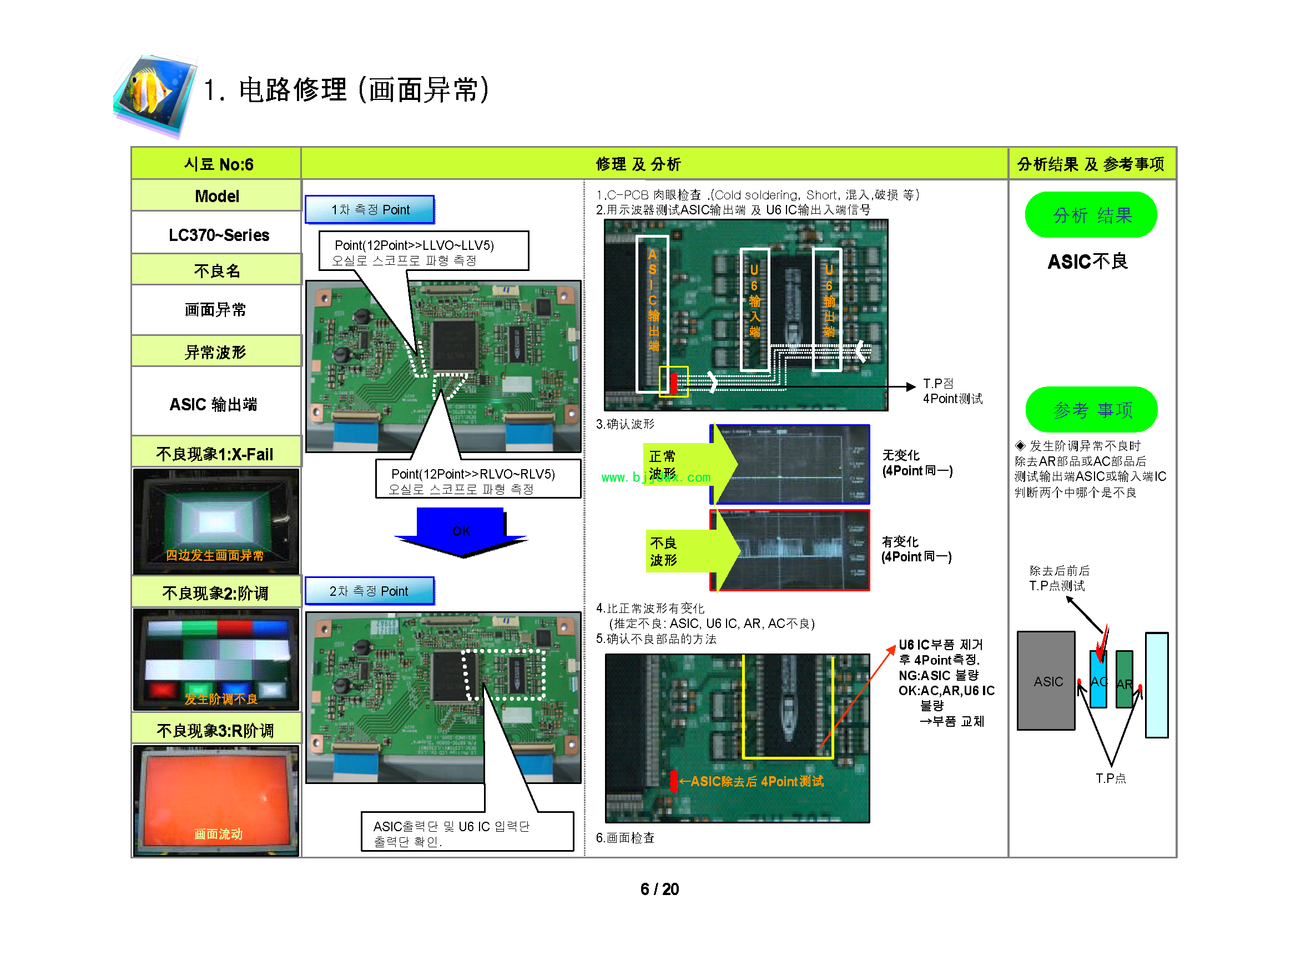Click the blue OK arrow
pyautogui.click(x=461, y=531)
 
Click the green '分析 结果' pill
pyautogui.click(x=1091, y=215)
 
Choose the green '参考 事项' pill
pyautogui.click(x=1091, y=410)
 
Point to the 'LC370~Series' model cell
pyautogui.click(x=219, y=235)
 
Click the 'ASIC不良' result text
pyautogui.click(x=1087, y=262)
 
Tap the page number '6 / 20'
pyautogui.click(x=659, y=889)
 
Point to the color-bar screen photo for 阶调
pyautogui.click(x=216, y=659)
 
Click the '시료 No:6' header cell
pyautogui.click(x=218, y=164)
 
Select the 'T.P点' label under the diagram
pyautogui.click(x=1111, y=778)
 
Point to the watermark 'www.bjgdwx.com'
pyautogui.click(x=655, y=477)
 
